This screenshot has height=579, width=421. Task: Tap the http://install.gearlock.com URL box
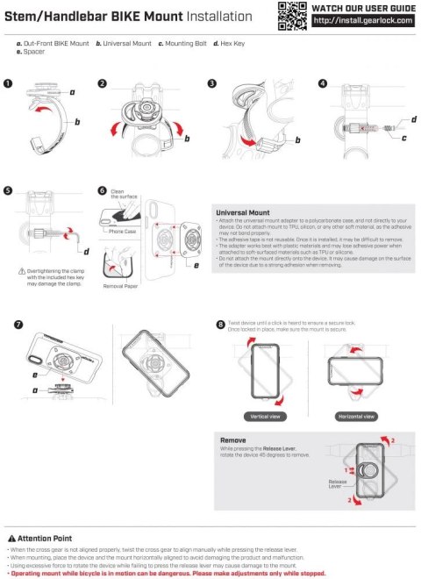[360, 21]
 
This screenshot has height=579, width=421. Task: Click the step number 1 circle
[8, 83]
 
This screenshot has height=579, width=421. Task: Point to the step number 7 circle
[18, 325]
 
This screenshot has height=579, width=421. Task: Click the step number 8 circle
[220, 325]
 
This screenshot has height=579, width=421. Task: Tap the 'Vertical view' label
[265, 417]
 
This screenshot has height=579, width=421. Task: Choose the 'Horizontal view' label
[357, 417]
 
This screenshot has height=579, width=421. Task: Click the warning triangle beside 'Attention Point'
[11, 538]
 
